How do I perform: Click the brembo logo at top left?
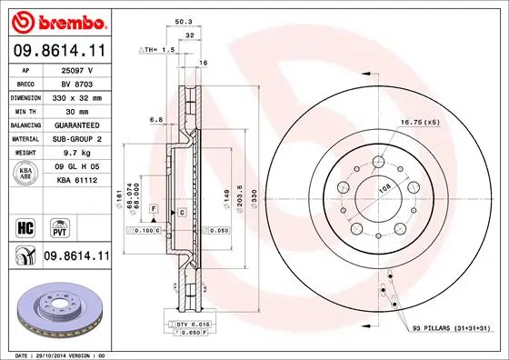[57, 20]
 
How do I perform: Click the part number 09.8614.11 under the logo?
[58, 52]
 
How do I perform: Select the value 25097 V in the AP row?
[76, 68]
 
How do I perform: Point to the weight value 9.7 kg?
[76, 154]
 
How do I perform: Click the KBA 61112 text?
[76, 182]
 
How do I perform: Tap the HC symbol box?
[25, 225]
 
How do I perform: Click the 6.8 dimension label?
[155, 119]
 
